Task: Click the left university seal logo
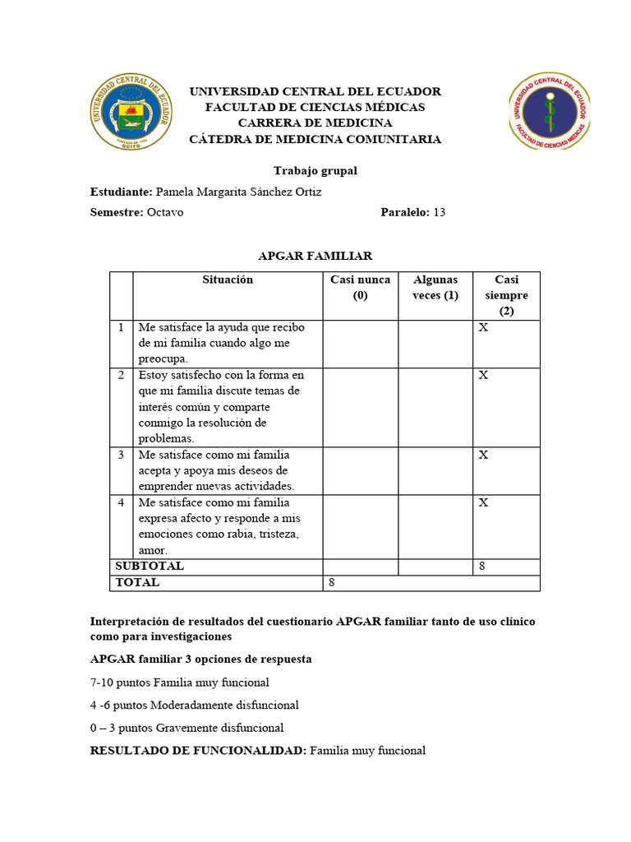point(131,113)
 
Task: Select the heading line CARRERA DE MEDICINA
point(315,123)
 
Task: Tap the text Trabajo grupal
point(315,171)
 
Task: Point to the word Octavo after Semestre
point(165,212)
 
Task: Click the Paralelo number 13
point(439,212)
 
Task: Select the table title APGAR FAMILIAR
point(315,257)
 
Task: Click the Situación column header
point(228,280)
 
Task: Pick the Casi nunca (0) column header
point(360,288)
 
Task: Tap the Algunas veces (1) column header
point(435,288)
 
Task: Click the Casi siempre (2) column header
point(506,295)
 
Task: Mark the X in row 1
point(484,328)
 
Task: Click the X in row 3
point(484,455)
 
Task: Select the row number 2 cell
point(121,375)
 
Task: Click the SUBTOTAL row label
point(150,567)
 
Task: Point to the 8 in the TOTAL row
point(332,582)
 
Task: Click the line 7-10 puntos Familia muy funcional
point(180,682)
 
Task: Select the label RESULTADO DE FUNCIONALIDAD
point(198,751)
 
